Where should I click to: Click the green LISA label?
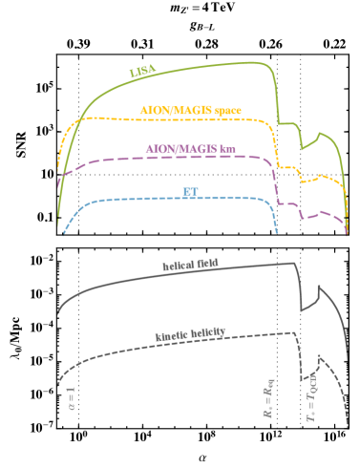(x=142, y=71)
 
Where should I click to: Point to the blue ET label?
(x=189, y=191)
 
